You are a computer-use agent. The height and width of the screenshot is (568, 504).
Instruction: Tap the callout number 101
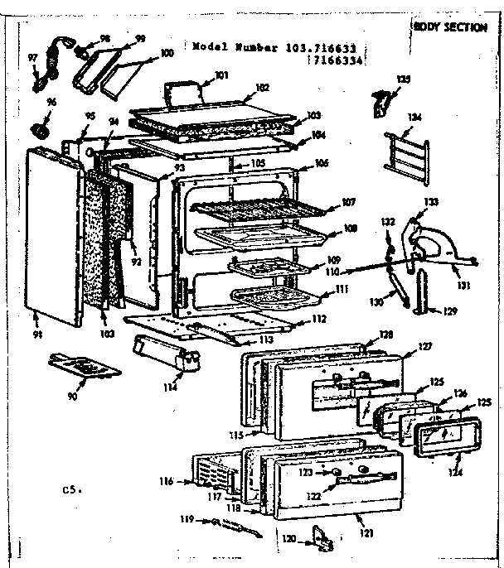point(221,76)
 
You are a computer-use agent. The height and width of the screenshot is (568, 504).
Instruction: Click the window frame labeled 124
point(440,436)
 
